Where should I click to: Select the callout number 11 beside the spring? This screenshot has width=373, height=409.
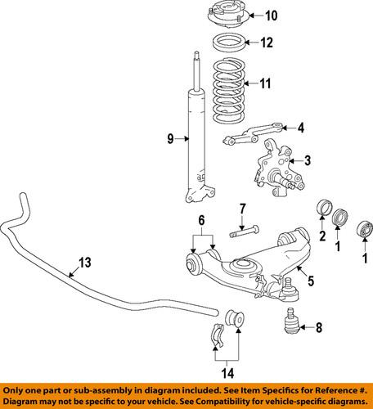(264, 83)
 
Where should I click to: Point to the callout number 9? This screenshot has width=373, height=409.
(171, 140)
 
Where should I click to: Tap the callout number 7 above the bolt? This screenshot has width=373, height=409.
(243, 209)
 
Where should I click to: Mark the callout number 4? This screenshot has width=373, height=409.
(300, 127)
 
